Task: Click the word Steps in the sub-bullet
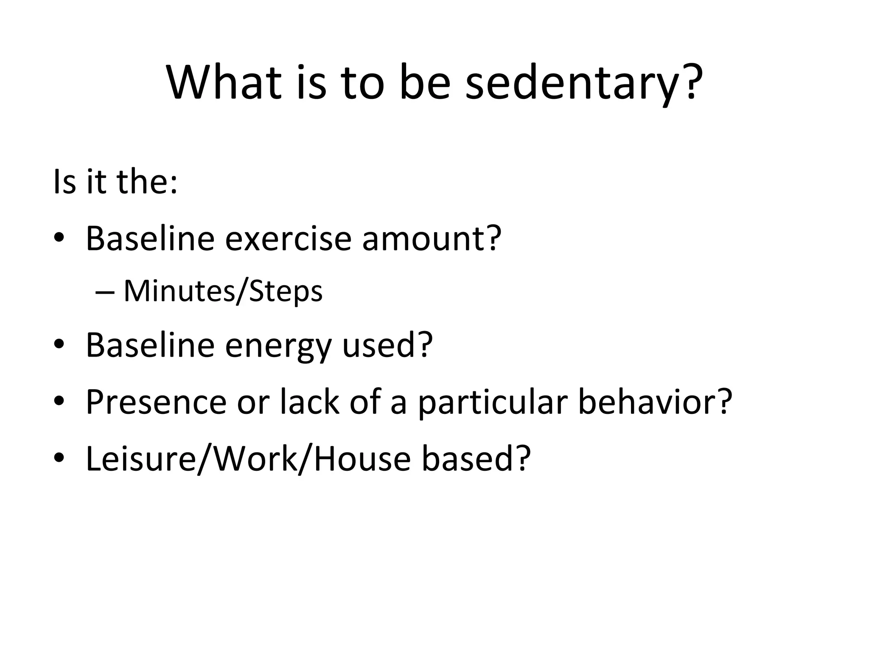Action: click(x=286, y=292)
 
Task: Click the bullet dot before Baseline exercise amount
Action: click(x=59, y=239)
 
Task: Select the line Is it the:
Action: click(x=115, y=182)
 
